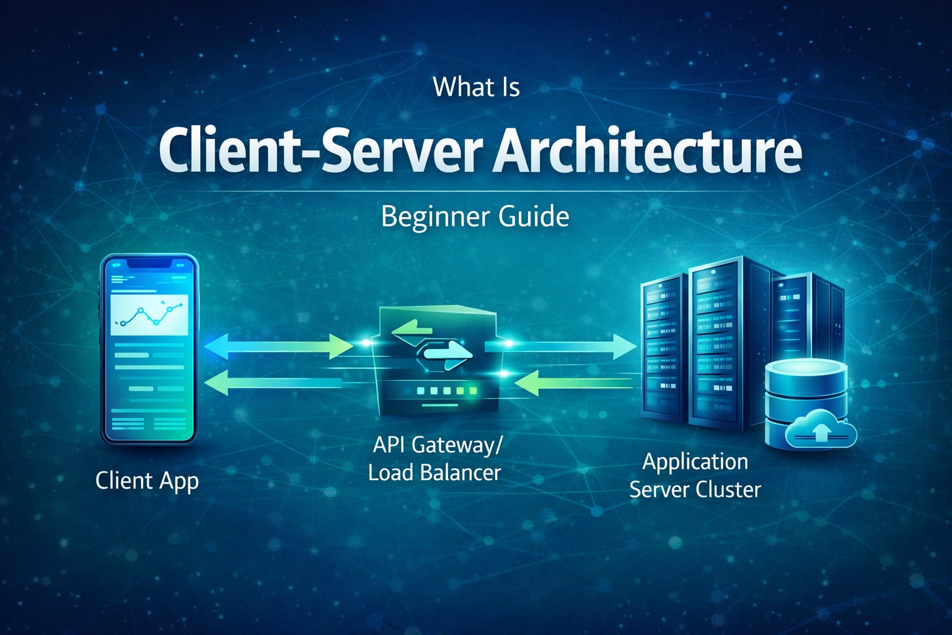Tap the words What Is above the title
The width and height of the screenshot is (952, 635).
[x=476, y=87]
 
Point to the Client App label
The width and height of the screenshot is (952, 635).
[x=147, y=481]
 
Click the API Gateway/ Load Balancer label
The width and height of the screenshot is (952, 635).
[x=435, y=459]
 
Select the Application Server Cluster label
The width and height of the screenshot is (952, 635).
[x=695, y=476]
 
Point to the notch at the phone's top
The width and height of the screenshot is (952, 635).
[x=149, y=263]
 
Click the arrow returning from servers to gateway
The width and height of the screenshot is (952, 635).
[x=573, y=383]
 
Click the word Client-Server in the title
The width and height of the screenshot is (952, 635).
[x=319, y=151]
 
